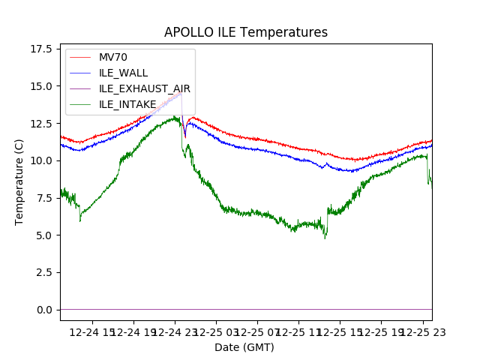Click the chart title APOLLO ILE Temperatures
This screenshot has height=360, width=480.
coord(246,33)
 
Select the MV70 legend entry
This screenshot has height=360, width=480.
coord(114,58)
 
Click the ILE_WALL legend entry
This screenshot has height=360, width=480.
coord(124,73)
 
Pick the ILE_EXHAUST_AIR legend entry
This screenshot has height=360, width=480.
coord(145,88)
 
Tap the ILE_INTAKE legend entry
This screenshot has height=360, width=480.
coord(127,104)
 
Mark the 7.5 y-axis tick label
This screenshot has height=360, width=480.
coord(45,198)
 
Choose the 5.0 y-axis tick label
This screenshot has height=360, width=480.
coord(45,235)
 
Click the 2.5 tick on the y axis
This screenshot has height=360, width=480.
coord(45,272)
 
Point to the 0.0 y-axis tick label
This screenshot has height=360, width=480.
coord(45,310)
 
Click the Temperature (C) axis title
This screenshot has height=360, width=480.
coord(19,182)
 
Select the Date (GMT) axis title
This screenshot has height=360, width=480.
coord(244,347)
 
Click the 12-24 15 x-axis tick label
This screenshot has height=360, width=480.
coord(91,331)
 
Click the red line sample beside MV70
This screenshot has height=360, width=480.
coord(81,58)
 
